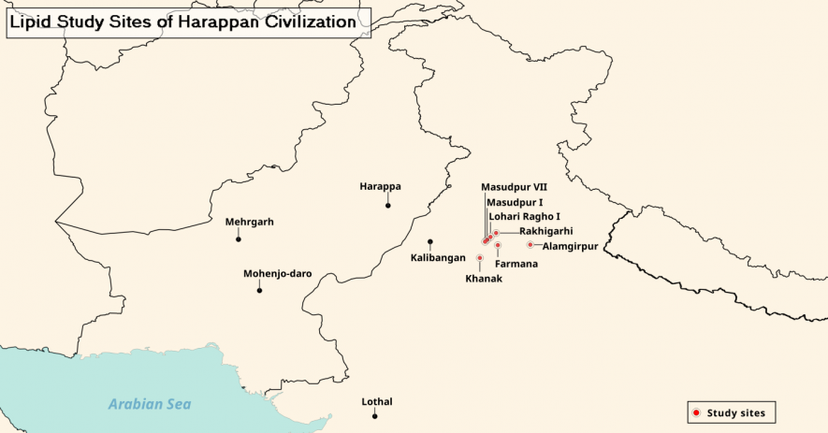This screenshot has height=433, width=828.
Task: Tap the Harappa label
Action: coord(380,187)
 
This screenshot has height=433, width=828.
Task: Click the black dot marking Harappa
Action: coord(387,204)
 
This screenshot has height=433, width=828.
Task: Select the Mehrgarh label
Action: coord(250,223)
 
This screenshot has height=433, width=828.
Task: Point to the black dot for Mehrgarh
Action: coord(239,239)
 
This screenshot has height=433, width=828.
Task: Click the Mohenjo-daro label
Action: coord(277,274)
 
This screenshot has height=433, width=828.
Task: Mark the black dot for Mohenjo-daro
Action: coord(259,291)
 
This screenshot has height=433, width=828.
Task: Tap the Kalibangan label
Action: coord(439,257)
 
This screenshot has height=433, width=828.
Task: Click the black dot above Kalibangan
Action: coord(430,241)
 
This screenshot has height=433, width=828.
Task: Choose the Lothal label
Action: coord(377,402)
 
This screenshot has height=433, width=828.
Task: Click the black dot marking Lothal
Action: coord(374,416)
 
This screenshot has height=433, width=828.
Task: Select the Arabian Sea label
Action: coord(149,404)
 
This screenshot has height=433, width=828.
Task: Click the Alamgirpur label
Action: coord(570,247)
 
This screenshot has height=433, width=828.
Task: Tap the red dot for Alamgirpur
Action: coord(530,245)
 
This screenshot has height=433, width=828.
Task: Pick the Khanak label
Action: coord(484,279)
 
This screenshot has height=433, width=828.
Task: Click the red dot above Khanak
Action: coord(480,258)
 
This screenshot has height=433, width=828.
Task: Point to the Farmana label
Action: coord(516,264)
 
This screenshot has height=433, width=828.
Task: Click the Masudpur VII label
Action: coord(514,187)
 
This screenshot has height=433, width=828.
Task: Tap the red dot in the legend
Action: coord(695,412)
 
